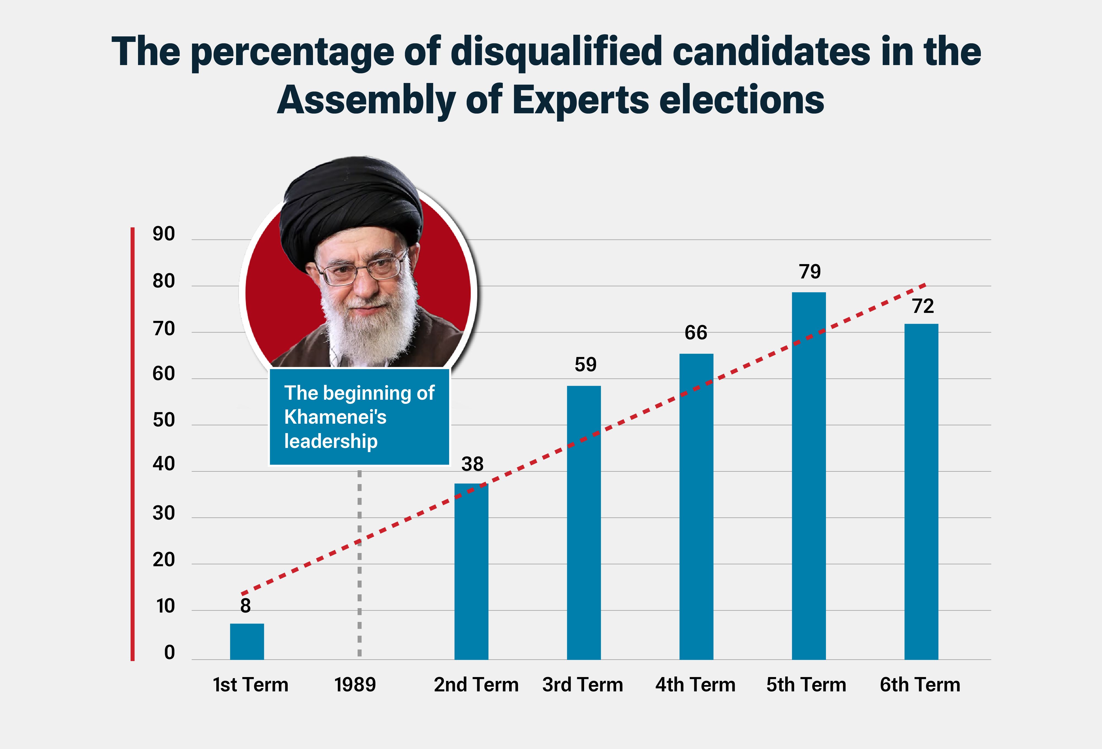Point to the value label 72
click(923, 306)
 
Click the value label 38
click(472, 464)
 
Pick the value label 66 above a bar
click(696, 332)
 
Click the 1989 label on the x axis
click(355, 684)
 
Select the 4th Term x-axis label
click(695, 684)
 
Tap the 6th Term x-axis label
click(920, 684)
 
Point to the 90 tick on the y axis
click(164, 234)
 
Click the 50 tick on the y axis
click(164, 420)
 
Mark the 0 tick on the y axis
click(169, 653)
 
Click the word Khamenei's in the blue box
click(335, 417)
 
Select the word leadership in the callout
click(331, 441)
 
